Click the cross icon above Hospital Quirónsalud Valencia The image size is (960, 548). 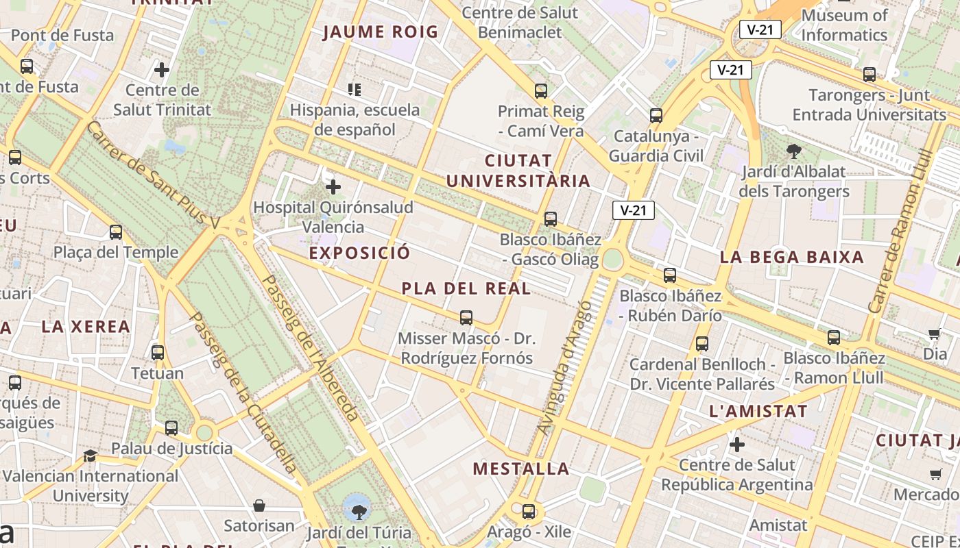(x=333, y=187)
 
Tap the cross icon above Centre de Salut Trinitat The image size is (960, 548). (x=162, y=70)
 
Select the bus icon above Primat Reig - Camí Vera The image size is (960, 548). (x=541, y=90)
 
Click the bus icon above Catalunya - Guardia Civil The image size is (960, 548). (x=656, y=115)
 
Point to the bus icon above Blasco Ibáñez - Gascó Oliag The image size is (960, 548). (x=551, y=219)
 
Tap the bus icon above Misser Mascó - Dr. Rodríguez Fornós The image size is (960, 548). (x=466, y=318)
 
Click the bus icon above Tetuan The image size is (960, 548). (x=158, y=353)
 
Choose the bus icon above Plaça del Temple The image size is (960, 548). (x=116, y=232)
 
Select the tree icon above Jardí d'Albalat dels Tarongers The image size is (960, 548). (x=794, y=151)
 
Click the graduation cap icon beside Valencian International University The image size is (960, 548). (x=90, y=456)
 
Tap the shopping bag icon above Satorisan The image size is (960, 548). (x=259, y=506)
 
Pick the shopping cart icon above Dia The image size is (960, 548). (x=934, y=334)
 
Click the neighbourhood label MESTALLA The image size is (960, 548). (x=521, y=469)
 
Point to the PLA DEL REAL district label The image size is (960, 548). (x=466, y=288)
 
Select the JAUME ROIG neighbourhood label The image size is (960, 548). (x=380, y=32)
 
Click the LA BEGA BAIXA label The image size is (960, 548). (x=791, y=258)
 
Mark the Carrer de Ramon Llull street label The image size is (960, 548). (x=896, y=239)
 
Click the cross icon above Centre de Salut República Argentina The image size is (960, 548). (x=737, y=445)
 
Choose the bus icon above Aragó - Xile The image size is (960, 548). (x=528, y=511)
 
